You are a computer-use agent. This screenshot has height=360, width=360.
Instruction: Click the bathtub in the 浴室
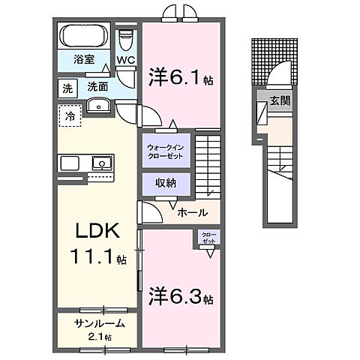point(84,36)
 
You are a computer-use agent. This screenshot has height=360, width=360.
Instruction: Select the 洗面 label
point(97,87)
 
